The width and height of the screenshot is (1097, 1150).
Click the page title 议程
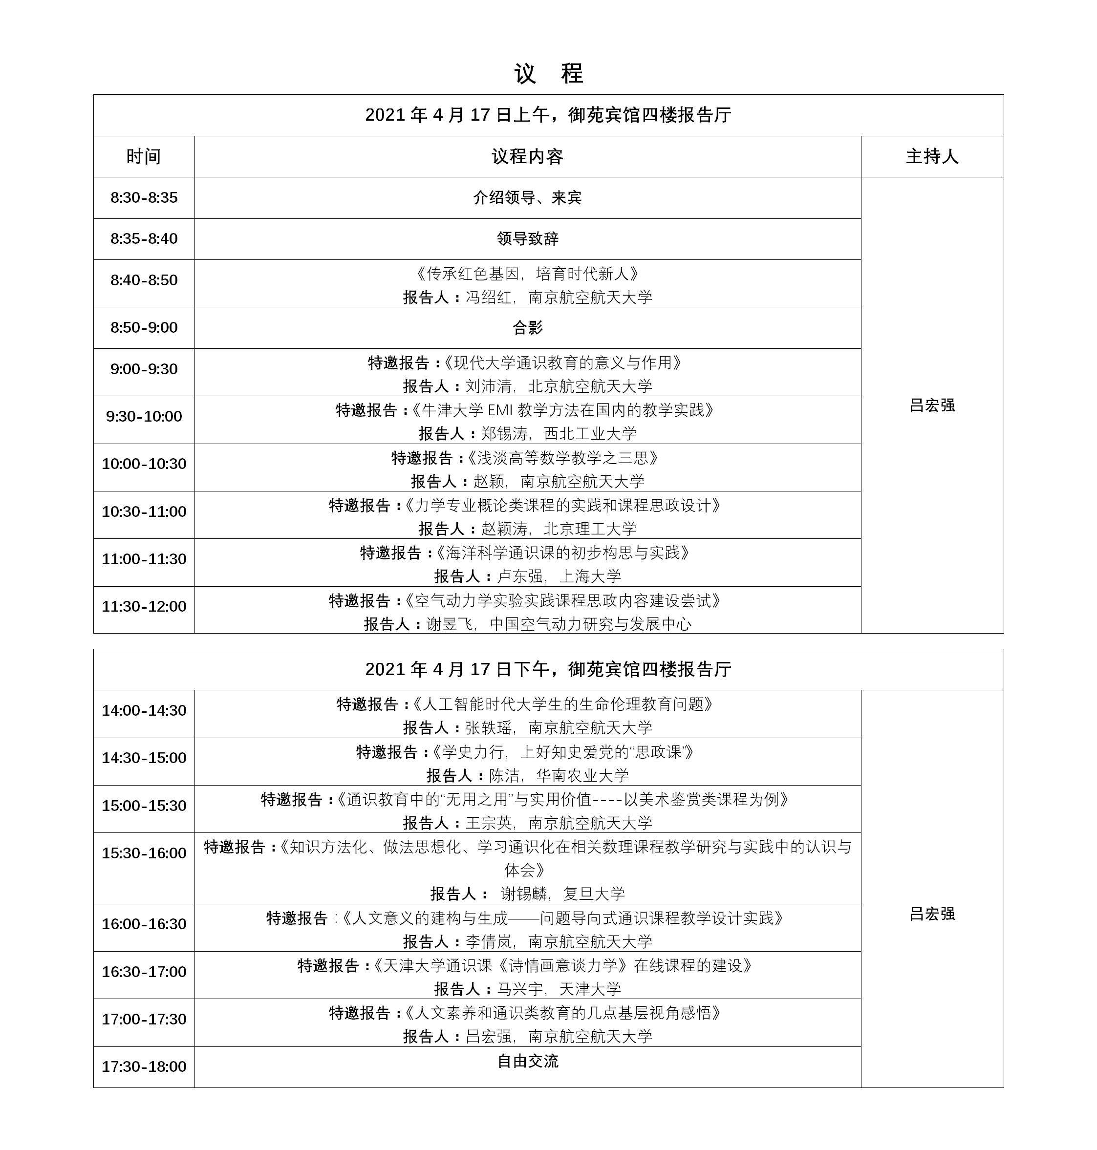click(548, 74)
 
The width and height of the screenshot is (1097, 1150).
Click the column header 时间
click(143, 157)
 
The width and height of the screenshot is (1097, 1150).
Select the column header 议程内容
click(527, 157)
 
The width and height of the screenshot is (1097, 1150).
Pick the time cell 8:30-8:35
click(144, 198)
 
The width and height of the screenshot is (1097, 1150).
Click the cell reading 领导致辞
click(527, 238)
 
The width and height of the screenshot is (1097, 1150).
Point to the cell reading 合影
click(527, 327)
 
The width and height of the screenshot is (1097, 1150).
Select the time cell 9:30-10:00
click(144, 416)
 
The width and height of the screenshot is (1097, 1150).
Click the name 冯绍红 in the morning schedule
click(488, 298)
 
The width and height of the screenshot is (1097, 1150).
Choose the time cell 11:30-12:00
click(144, 606)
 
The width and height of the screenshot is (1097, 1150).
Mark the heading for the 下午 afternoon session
click(548, 669)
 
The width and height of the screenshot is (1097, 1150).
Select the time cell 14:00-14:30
click(144, 710)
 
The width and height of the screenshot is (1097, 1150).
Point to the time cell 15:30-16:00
click(144, 853)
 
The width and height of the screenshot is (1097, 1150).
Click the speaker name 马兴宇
click(520, 989)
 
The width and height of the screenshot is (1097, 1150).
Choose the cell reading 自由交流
click(527, 1061)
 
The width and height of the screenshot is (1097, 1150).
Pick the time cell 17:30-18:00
click(144, 1066)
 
